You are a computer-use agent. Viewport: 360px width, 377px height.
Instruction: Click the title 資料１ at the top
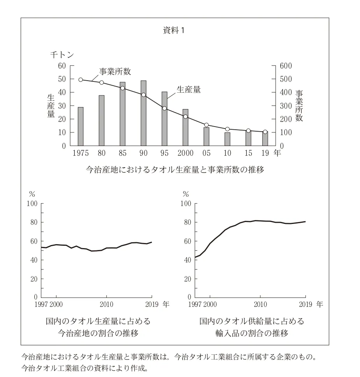pos(173,31)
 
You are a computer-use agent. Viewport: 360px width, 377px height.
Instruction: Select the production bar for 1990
pos(143,113)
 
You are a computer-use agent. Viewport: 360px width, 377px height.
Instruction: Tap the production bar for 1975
pos(81,126)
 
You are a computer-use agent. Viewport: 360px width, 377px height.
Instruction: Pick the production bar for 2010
pos(227,139)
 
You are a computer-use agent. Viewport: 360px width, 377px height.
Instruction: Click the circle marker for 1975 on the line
pos(81,80)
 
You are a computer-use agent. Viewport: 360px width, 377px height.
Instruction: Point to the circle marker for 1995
pos(164,108)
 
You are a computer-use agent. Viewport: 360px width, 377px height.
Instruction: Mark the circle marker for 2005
pos(206,125)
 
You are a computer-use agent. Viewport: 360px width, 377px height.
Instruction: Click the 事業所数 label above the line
pos(114,71)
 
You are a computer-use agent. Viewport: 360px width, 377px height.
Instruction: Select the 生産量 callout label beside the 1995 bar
pos(189,89)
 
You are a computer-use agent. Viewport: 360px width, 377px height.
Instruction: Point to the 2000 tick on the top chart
pos(185,153)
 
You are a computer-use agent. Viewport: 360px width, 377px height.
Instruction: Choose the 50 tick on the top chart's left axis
pos(61,79)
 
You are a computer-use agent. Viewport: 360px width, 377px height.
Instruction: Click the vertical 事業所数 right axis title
pos(299,106)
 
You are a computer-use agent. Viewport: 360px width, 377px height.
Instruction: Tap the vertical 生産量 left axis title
pos(51,106)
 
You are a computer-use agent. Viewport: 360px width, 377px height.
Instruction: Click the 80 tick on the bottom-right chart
pos(187,222)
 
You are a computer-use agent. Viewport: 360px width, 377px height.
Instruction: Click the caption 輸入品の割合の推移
pos(252,333)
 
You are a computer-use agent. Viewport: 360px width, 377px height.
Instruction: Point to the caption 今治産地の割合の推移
pos(98,333)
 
